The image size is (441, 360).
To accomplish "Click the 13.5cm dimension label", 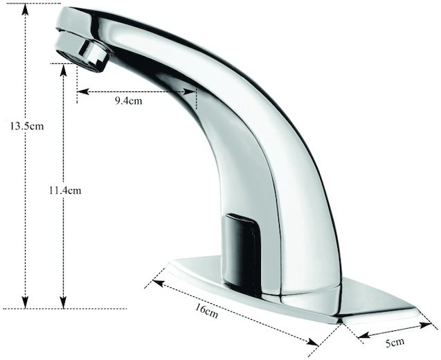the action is pos(27,126).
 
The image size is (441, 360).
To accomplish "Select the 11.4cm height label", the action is pos(65,190).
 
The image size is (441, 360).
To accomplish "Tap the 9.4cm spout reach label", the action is pos(129,100).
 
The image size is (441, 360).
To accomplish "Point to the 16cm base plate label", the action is pos(207,310).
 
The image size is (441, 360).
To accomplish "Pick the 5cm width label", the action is pos(395,343).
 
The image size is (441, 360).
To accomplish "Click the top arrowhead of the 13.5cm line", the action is pos(26,10).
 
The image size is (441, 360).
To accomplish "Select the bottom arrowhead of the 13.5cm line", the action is pos(26,303).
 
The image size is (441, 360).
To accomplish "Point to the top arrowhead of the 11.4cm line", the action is pos(64,70).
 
